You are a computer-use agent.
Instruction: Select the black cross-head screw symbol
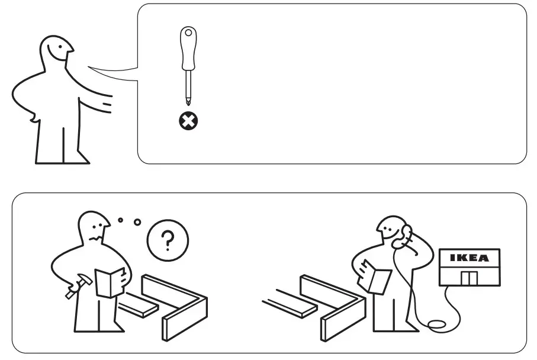189,121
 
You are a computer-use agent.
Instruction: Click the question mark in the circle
168,240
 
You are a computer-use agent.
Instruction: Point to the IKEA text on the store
469,258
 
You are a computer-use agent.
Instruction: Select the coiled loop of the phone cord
438,324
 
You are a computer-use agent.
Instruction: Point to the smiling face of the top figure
56,53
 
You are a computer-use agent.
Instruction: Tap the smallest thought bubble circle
120,220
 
